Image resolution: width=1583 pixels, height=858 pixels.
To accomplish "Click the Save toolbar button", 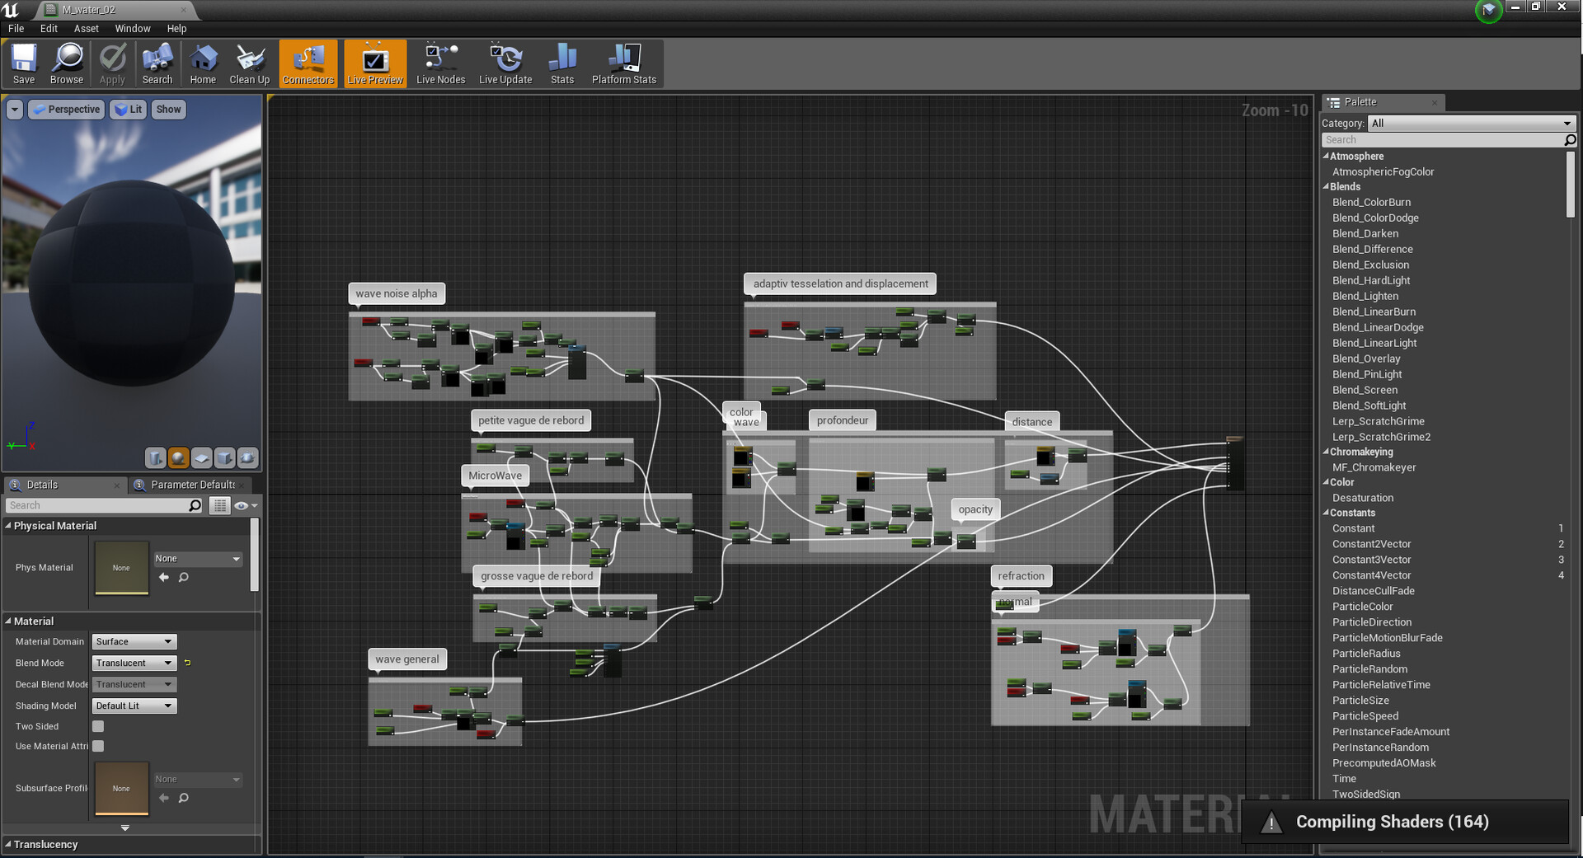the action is (24, 64).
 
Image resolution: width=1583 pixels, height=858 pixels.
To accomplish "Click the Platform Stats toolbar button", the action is (623, 64).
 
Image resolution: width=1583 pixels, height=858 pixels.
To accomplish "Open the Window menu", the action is (132, 28).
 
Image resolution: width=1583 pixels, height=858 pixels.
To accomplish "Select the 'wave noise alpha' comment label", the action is (397, 293).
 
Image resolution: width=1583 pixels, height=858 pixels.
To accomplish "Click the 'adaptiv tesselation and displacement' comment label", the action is (840, 284).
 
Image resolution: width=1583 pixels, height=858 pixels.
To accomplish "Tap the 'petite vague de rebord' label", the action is (531, 420).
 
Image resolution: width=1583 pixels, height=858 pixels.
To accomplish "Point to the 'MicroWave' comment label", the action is (495, 476).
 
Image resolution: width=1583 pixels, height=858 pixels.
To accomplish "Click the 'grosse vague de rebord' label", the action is (537, 576).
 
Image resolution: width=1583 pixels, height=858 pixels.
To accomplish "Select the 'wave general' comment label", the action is (407, 659).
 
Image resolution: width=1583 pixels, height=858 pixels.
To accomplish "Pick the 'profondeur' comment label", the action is (842, 420).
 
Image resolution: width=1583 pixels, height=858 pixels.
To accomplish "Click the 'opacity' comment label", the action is (975, 509).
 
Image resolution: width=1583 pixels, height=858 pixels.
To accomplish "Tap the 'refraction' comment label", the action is (1021, 576).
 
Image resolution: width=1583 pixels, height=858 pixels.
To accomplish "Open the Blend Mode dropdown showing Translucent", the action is (134, 663).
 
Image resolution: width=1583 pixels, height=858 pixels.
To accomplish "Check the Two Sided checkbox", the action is (98, 726).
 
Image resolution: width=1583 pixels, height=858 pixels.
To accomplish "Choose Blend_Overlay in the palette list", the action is (1366, 359).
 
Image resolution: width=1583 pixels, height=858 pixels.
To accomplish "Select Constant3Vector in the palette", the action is (1371, 560).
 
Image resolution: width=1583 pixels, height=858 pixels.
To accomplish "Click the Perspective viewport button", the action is (67, 109).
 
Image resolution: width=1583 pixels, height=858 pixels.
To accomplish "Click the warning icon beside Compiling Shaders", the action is (1271, 823).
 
